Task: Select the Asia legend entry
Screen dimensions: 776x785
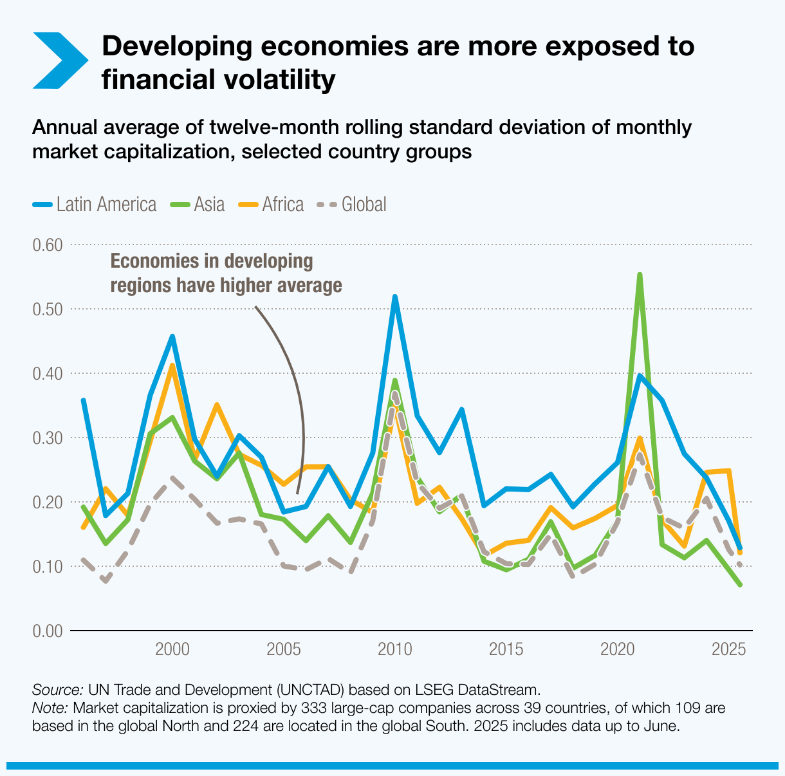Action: [x=198, y=205]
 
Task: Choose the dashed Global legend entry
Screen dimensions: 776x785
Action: [x=352, y=205]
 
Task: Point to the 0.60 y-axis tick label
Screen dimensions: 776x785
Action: [x=48, y=245]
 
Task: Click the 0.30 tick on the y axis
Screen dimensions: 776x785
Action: [x=48, y=438]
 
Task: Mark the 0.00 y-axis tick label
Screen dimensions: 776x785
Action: [x=48, y=631]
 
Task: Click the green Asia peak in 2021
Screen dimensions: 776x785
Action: [x=640, y=275]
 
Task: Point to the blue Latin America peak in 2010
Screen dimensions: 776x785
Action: [x=395, y=297]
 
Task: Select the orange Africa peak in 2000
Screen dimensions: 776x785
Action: [x=172, y=365]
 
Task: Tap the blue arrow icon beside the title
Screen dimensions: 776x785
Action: [x=60, y=61]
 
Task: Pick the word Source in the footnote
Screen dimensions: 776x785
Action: [x=57, y=690]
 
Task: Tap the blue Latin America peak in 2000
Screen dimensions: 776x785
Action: [x=172, y=336]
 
